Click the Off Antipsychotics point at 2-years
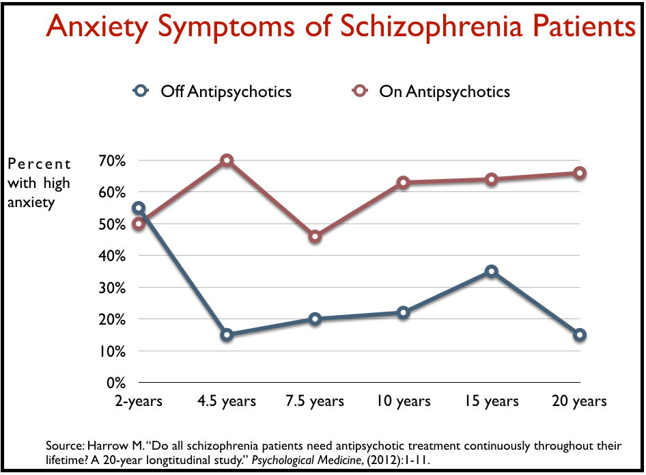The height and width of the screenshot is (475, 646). click(139, 208)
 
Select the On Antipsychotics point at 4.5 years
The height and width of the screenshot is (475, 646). click(227, 161)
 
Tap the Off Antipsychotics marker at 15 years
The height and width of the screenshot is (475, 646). click(492, 271)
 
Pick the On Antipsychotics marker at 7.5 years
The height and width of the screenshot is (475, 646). click(315, 236)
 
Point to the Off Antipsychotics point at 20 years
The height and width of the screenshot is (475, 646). click(580, 335)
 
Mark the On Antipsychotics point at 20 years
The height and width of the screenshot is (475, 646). click(580, 173)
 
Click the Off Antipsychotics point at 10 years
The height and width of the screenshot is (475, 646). click(403, 312)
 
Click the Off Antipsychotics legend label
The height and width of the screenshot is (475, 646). click(226, 91)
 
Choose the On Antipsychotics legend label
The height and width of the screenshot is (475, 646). click(445, 91)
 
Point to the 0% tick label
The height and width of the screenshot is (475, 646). click(117, 383)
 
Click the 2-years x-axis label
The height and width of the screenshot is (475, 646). click(139, 401)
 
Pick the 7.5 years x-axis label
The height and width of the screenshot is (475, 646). click(315, 401)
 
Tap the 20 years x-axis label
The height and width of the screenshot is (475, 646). click(580, 401)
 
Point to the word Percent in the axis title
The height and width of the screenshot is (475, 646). click(40, 164)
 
